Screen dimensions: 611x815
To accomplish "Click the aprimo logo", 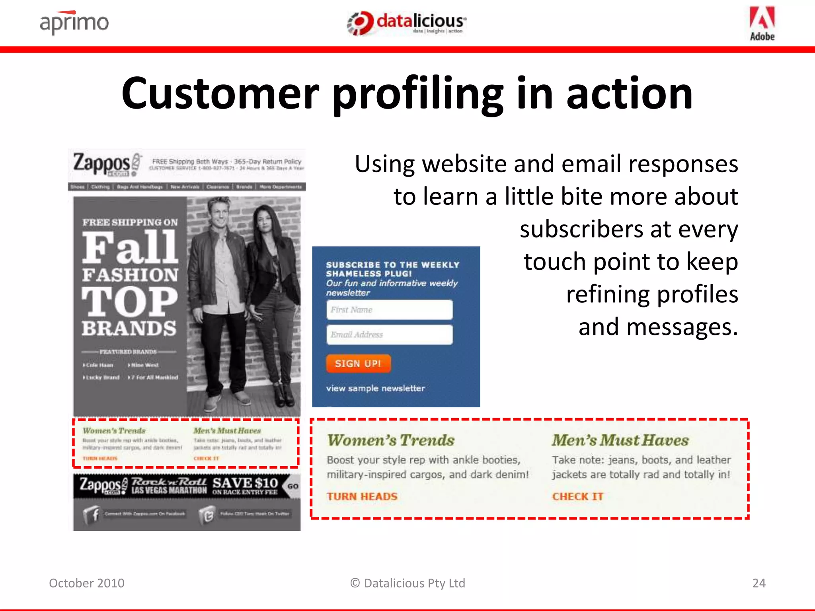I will pyautogui.click(x=74, y=23).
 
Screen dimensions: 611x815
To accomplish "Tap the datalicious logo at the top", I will pyautogui.click(x=407, y=23).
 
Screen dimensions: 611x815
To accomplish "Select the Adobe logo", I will pyautogui.click(x=762, y=23).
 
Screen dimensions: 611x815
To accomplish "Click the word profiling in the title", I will pyautogui.click(x=418, y=95).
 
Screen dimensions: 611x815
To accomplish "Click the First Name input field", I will pyautogui.click(x=389, y=310).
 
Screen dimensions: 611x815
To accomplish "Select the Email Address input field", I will pyautogui.click(x=389, y=335).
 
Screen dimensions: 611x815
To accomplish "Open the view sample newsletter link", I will pyautogui.click(x=375, y=388).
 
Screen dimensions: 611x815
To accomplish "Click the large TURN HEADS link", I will pyautogui.click(x=362, y=496).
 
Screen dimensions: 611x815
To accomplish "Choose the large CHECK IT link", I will pyautogui.click(x=577, y=496).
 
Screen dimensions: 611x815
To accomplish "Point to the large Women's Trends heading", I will pyautogui.click(x=390, y=440).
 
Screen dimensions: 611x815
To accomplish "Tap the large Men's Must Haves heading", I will pyautogui.click(x=620, y=440).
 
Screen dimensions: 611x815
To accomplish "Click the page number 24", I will pyautogui.click(x=758, y=583).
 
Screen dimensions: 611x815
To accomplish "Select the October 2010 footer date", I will pyautogui.click(x=87, y=583).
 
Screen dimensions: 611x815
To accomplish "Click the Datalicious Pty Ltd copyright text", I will pyautogui.click(x=407, y=583).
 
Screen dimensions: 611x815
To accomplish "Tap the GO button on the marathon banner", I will pyautogui.click(x=293, y=486).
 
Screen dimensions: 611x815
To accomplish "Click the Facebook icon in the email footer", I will pyautogui.click(x=92, y=515).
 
